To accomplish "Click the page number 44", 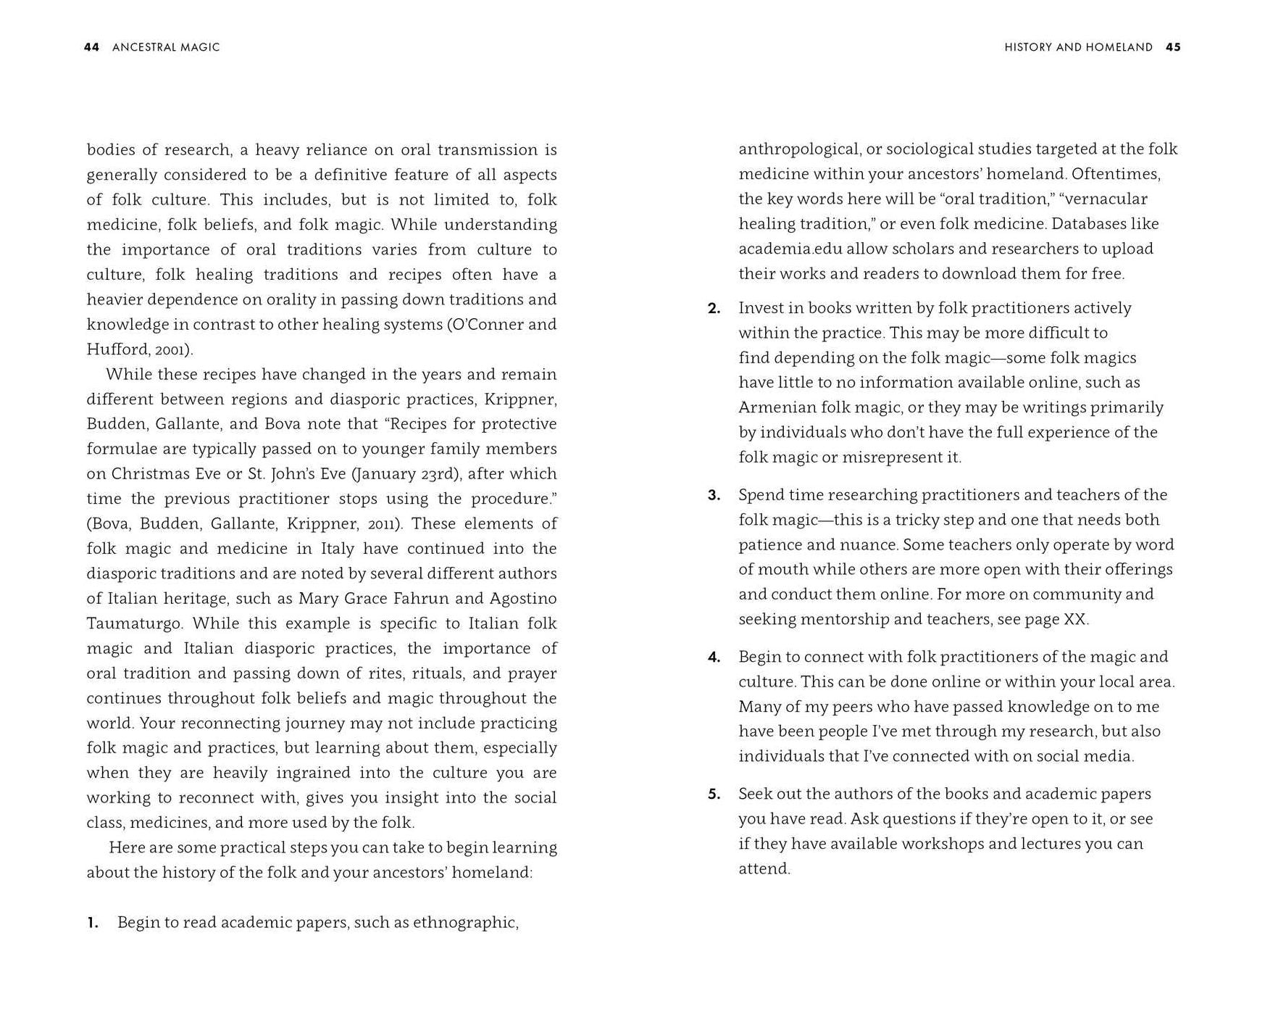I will click(x=91, y=47).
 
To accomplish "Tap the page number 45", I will click(x=1173, y=47).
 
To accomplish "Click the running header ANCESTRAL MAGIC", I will click(x=166, y=47).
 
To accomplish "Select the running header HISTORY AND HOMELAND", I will click(x=1078, y=47).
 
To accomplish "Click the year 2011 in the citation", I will click(x=383, y=524).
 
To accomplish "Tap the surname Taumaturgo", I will click(x=134, y=623).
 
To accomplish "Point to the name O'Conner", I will click(x=485, y=325).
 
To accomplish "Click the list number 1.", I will click(x=92, y=923).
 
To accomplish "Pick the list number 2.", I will click(x=714, y=308).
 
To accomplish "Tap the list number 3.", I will click(x=714, y=495).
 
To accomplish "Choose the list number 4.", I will click(x=714, y=658).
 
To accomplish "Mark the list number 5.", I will click(x=714, y=795).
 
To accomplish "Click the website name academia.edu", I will click(x=790, y=249).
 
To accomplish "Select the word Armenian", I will click(x=777, y=407).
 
